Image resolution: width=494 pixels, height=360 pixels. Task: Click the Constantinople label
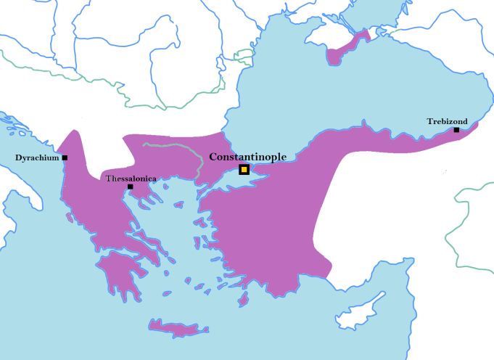click(247, 157)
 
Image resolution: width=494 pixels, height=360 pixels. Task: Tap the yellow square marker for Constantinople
click(244, 170)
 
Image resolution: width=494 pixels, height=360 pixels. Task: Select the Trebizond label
click(447, 121)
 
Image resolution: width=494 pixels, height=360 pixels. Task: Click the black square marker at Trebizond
click(456, 130)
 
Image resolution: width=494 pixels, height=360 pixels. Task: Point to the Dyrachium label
click(37, 157)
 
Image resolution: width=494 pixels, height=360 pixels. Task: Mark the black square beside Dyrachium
click(65, 157)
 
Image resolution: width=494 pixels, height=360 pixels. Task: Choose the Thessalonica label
click(131, 178)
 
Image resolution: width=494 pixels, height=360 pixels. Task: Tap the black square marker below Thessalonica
click(130, 187)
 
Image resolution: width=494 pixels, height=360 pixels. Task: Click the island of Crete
click(174, 328)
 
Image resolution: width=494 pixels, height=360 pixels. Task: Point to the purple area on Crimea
click(341, 52)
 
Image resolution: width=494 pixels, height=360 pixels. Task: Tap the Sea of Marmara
click(225, 180)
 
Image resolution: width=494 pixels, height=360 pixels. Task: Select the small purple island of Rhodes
click(244, 299)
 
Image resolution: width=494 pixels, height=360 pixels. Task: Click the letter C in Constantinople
click(213, 157)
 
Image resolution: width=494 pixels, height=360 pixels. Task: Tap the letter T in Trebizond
click(429, 121)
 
